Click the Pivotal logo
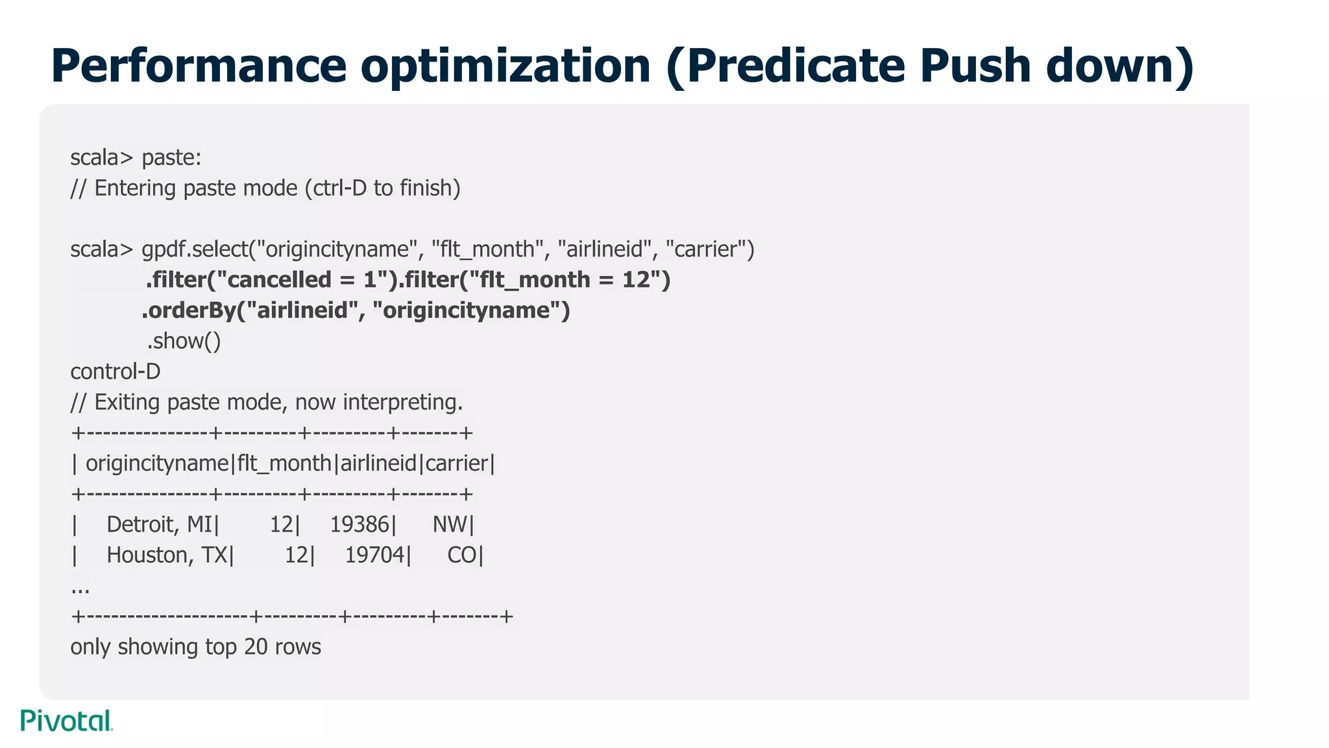[x=67, y=721]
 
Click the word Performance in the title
[x=199, y=66]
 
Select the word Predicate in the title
[x=785, y=66]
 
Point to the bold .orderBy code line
[x=356, y=310]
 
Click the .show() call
[x=184, y=341]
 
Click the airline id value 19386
[x=360, y=524]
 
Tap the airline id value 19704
[x=374, y=555]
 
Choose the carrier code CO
[x=462, y=555]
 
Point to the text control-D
[x=116, y=371]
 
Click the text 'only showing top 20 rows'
[x=195, y=647]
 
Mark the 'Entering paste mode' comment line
[x=265, y=188]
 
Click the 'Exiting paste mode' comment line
[x=267, y=402]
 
